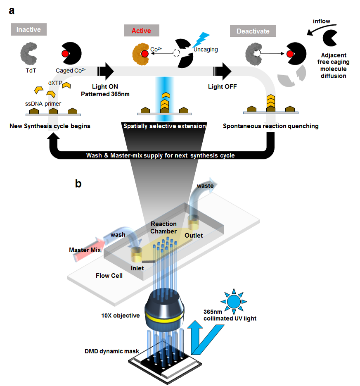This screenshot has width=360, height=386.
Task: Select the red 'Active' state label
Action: (141, 31)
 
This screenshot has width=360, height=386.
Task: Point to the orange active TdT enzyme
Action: (140, 54)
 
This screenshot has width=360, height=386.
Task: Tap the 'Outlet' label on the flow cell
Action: (194, 236)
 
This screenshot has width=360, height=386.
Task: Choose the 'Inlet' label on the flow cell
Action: (138, 268)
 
